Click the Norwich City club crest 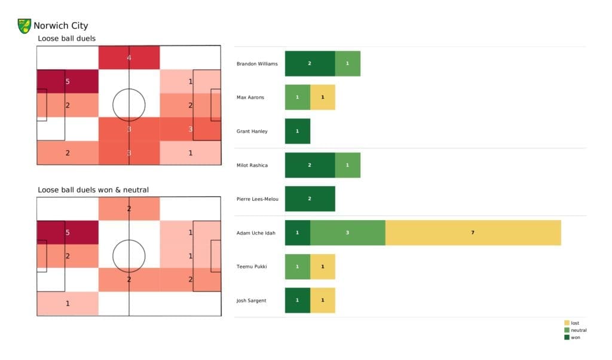(x=25, y=26)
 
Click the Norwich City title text (x=60, y=26)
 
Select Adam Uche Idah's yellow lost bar (x=473, y=233)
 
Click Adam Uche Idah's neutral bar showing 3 (x=347, y=233)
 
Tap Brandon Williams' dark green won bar (x=310, y=63)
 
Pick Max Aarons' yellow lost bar (x=323, y=97)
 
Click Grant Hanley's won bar (x=298, y=131)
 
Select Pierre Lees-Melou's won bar (x=310, y=199)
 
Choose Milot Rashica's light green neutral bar (x=347, y=165)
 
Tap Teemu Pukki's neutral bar (x=298, y=266)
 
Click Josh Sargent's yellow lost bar (x=323, y=300)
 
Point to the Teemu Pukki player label (x=251, y=267)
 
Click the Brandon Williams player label (x=257, y=64)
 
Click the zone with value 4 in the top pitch (x=128, y=58)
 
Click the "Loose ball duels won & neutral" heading (x=93, y=190)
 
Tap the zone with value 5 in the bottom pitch (x=68, y=233)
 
